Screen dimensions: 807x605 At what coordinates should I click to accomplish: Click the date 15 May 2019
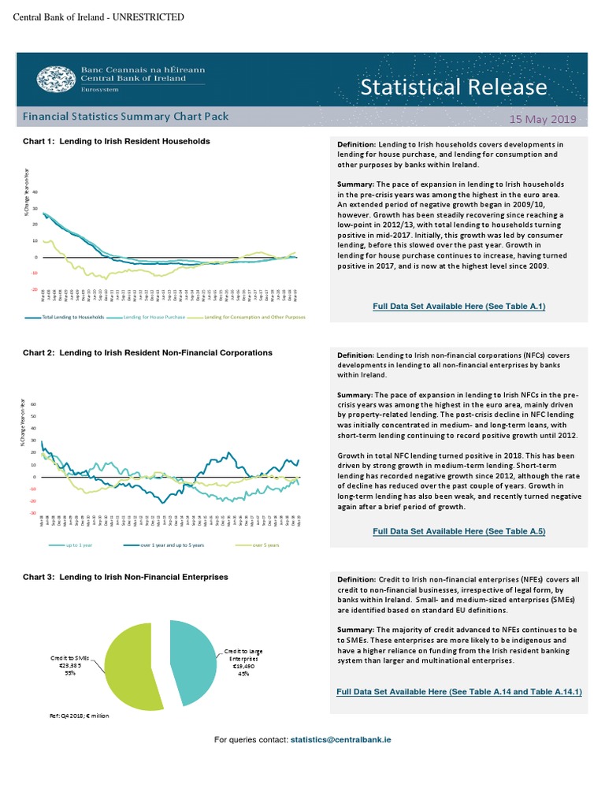tap(543, 119)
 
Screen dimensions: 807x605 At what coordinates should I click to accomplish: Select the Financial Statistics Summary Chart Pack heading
tap(126, 117)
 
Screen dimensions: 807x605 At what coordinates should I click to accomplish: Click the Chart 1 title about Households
tap(116, 141)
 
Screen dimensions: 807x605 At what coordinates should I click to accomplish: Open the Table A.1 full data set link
tap(459, 306)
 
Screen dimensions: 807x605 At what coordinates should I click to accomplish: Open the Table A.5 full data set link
tap(459, 532)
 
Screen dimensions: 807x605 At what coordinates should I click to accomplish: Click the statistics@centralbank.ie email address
tap(341, 740)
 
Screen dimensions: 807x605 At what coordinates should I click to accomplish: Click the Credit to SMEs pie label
tap(71, 664)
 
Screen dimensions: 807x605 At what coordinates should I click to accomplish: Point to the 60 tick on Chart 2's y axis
tap(34, 404)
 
